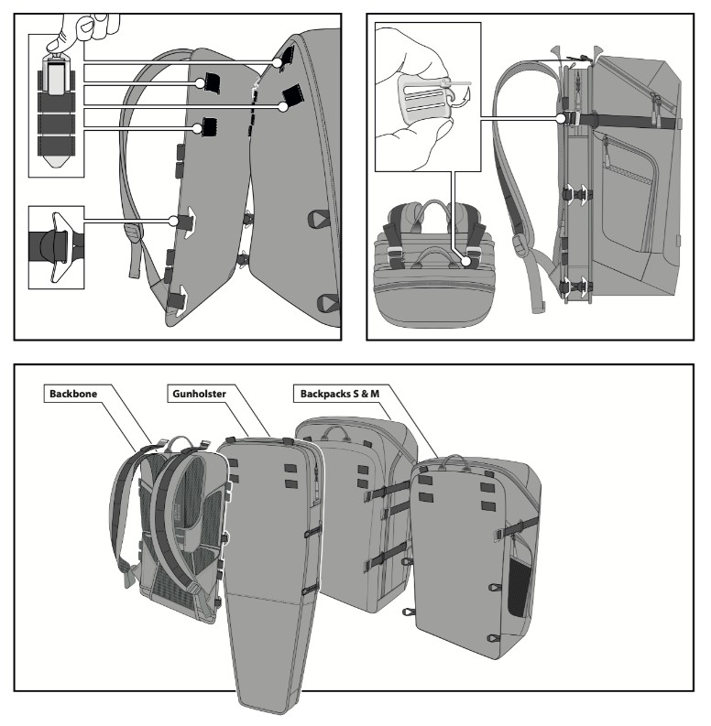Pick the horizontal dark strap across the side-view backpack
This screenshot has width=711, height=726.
632,121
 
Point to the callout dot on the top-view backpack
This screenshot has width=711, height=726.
466,261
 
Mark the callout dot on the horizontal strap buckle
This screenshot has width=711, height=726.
562,119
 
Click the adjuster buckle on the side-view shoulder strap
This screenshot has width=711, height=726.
520,244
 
